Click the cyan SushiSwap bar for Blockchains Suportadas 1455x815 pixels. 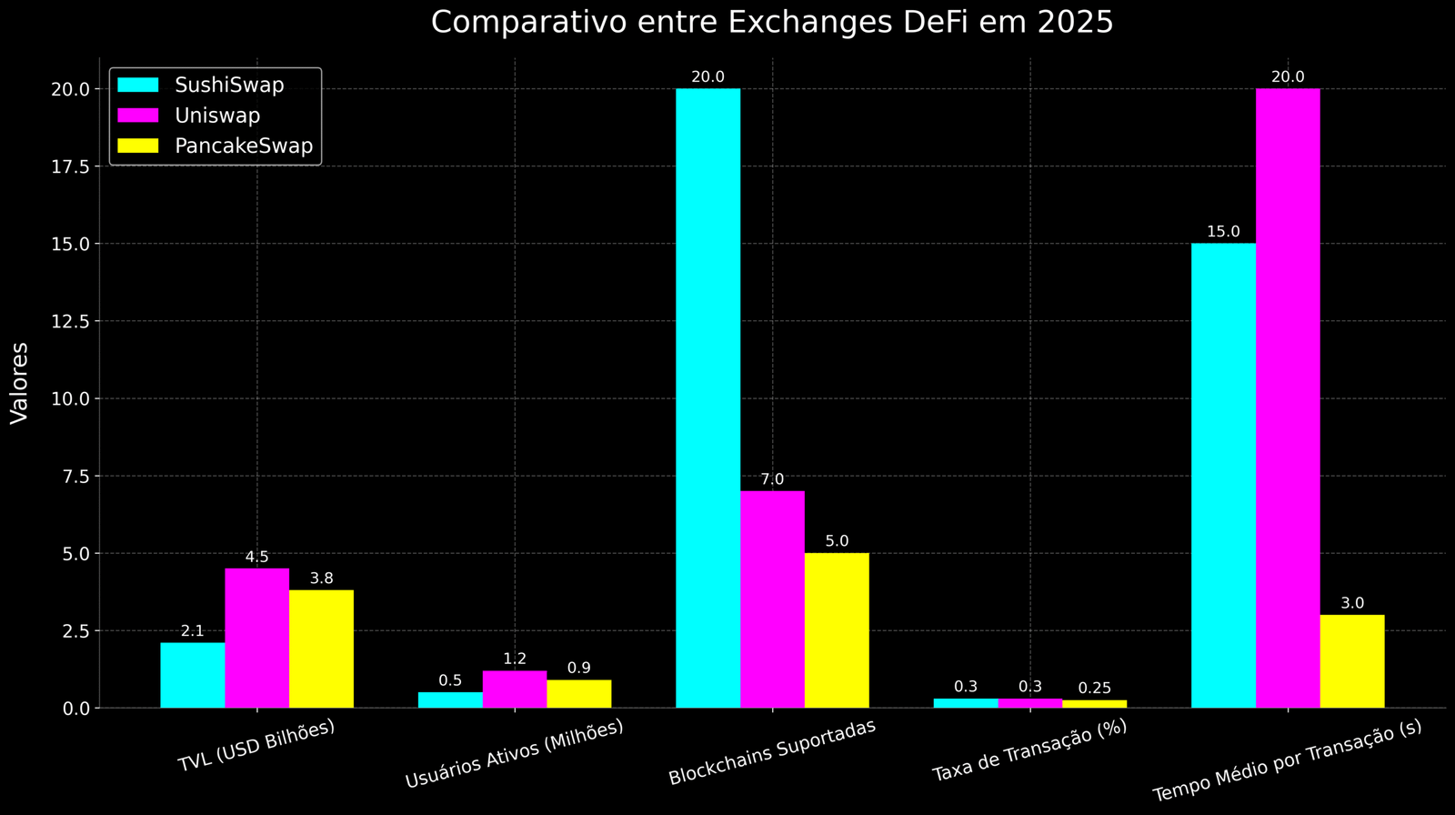707,397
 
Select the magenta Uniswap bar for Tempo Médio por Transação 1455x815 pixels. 1288,397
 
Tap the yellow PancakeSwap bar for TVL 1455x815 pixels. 321,649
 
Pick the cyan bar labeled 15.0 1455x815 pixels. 1223,475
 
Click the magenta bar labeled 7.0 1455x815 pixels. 772,599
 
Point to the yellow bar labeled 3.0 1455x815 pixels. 1351,661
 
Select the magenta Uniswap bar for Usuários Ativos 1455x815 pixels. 515,689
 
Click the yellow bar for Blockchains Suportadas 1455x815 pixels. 837,630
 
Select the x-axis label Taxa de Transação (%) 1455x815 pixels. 1029,750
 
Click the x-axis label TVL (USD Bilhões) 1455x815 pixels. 256,746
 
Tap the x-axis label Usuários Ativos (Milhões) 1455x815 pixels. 514,754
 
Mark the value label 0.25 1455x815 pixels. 1094,689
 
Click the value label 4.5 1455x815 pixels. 257,558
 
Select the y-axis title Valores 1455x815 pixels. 20,382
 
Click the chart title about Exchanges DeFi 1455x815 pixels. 771,22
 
